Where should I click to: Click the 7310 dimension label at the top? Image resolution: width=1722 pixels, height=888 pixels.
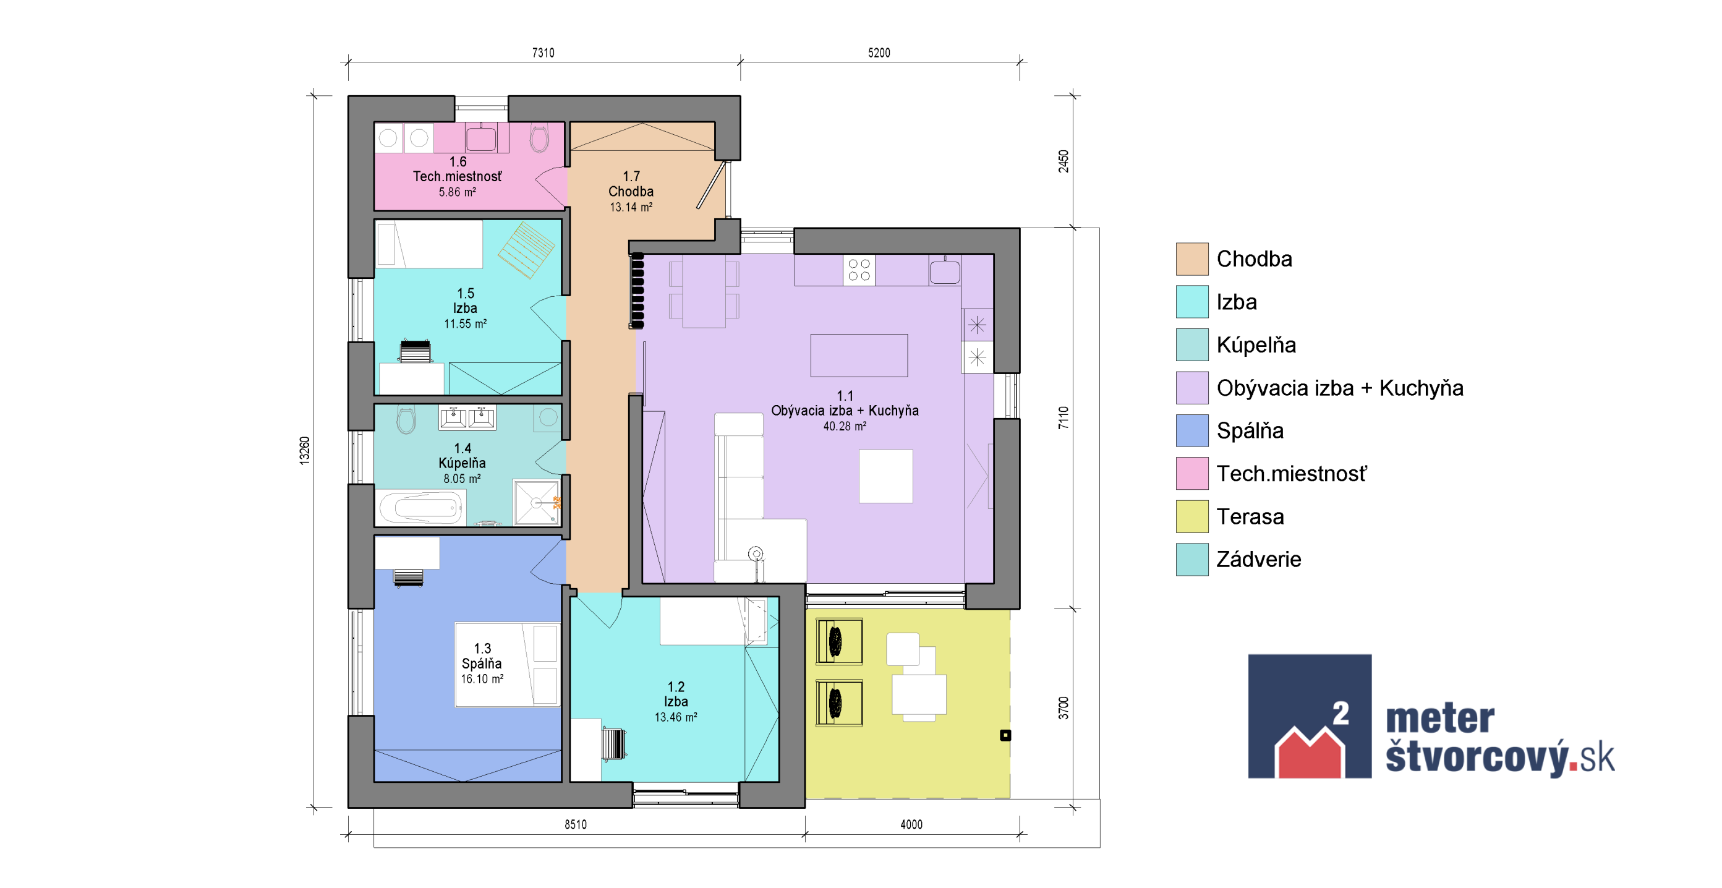pyautogui.click(x=543, y=53)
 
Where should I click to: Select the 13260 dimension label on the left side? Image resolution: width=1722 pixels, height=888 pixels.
pyautogui.click(x=305, y=451)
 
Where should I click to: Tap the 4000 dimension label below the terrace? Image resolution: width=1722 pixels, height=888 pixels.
pyautogui.click(x=911, y=824)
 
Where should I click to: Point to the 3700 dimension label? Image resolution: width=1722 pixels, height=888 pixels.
pyautogui.click(x=1063, y=708)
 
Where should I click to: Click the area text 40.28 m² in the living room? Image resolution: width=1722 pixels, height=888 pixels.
pyautogui.click(x=844, y=426)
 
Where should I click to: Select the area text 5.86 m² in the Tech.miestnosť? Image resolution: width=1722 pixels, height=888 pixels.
pyautogui.click(x=457, y=192)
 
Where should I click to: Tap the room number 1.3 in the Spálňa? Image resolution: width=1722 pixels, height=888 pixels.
pyautogui.click(x=482, y=649)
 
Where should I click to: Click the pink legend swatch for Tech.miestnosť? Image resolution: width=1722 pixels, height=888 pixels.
pyautogui.click(x=1192, y=474)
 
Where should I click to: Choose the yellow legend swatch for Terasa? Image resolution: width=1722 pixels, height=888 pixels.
pyautogui.click(x=1192, y=516)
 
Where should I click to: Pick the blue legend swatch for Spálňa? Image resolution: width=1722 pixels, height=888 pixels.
pyautogui.click(x=1192, y=430)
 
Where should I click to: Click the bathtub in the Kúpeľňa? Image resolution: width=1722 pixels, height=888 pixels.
pyautogui.click(x=421, y=508)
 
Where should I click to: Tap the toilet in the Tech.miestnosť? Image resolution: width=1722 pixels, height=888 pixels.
pyautogui.click(x=539, y=138)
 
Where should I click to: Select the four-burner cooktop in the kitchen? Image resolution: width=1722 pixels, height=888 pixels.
pyautogui.click(x=859, y=270)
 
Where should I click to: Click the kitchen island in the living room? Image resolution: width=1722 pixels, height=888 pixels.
pyautogui.click(x=859, y=356)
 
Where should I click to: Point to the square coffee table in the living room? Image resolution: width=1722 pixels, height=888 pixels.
pyautogui.click(x=886, y=476)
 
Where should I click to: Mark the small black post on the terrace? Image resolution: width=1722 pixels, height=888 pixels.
pyautogui.click(x=1005, y=735)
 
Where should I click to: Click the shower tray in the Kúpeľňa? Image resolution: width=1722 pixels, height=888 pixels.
pyautogui.click(x=536, y=502)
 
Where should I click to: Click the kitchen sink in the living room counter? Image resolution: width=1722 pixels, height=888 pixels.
pyautogui.click(x=945, y=271)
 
